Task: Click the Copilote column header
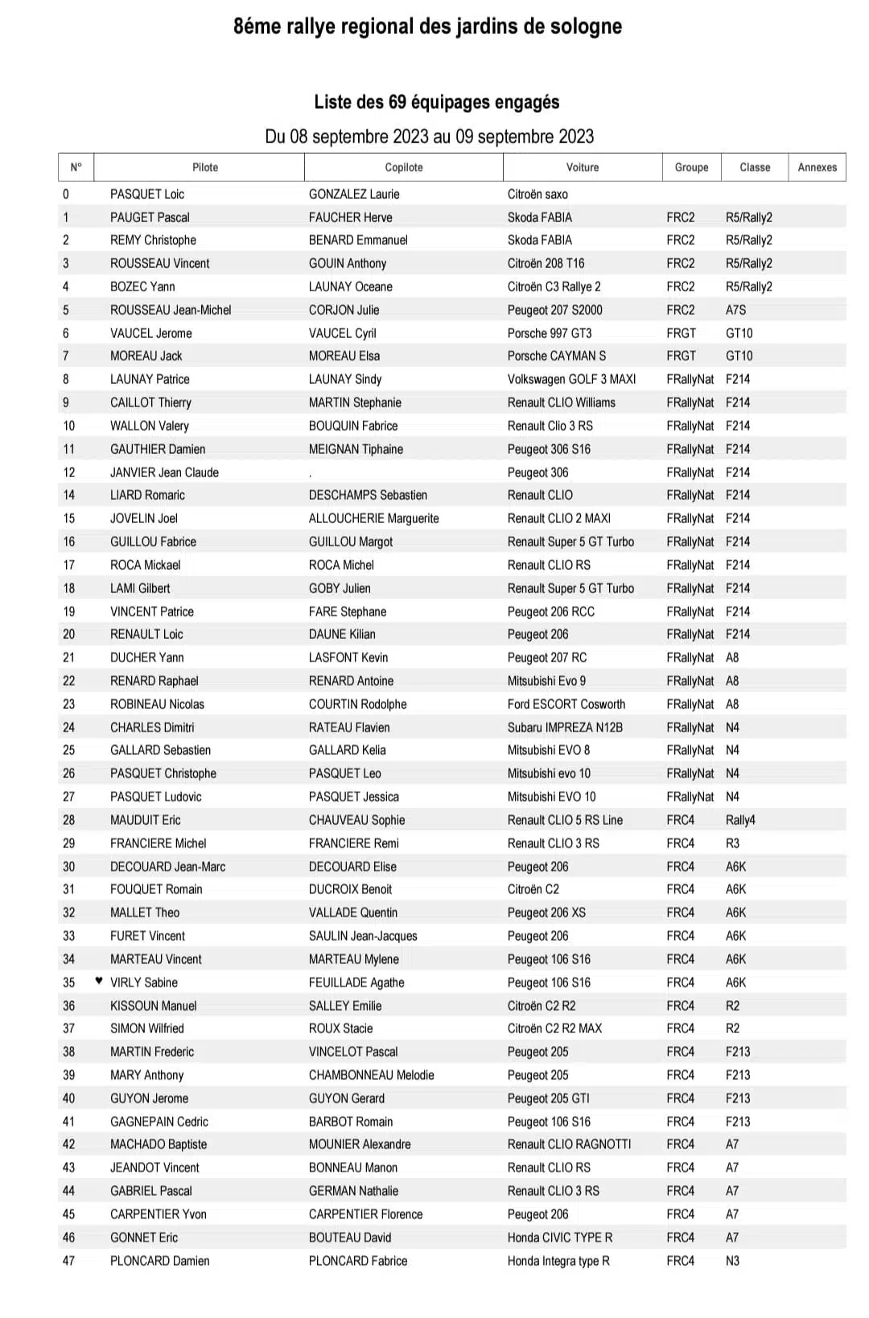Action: point(403,167)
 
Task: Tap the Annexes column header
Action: point(817,167)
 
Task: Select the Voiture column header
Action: point(582,167)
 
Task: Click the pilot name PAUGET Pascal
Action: point(150,217)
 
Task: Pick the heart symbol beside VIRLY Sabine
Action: point(99,981)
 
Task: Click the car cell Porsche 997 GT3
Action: point(549,333)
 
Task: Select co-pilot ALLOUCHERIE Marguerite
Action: point(373,518)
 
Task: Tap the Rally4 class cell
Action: point(740,820)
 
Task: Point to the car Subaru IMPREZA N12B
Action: point(565,727)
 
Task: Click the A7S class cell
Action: point(735,310)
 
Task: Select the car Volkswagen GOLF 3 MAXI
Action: point(571,379)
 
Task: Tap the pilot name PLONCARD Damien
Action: point(159,1261)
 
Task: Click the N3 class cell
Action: point(732,1261)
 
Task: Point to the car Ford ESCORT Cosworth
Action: point(566,704)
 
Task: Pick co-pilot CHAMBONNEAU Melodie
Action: point(371,1075)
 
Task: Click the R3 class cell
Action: point(732,843)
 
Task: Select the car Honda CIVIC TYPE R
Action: point(559,1238)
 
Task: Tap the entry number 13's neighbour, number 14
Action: point(69,495)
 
